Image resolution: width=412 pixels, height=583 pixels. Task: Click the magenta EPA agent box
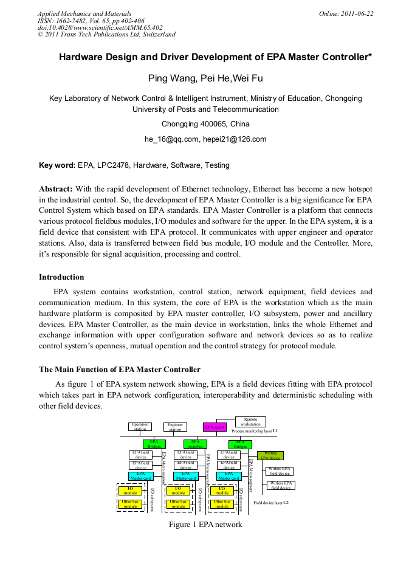[215, 427]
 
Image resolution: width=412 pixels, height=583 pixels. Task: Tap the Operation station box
[140, 427]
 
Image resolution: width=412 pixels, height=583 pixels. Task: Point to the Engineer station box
[175, 427]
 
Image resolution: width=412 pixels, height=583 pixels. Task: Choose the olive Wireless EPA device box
[270, 455]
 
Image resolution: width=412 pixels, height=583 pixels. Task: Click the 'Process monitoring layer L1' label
[254, 431]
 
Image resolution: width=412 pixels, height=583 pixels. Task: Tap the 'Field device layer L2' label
[271, 503]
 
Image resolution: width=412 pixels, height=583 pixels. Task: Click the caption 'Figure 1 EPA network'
[205, 525]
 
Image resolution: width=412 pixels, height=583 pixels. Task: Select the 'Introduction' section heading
[61, 277]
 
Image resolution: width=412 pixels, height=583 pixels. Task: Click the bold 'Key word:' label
[57, 165]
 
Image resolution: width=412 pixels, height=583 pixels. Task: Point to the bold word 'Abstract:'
[56, 189]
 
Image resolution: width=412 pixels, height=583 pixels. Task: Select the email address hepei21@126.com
[235, 139]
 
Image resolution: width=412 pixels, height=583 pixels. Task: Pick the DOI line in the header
[100, 28]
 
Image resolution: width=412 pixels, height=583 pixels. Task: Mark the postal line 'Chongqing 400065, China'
[205, 124]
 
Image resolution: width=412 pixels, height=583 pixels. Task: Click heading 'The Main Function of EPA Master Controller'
[120, 370]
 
